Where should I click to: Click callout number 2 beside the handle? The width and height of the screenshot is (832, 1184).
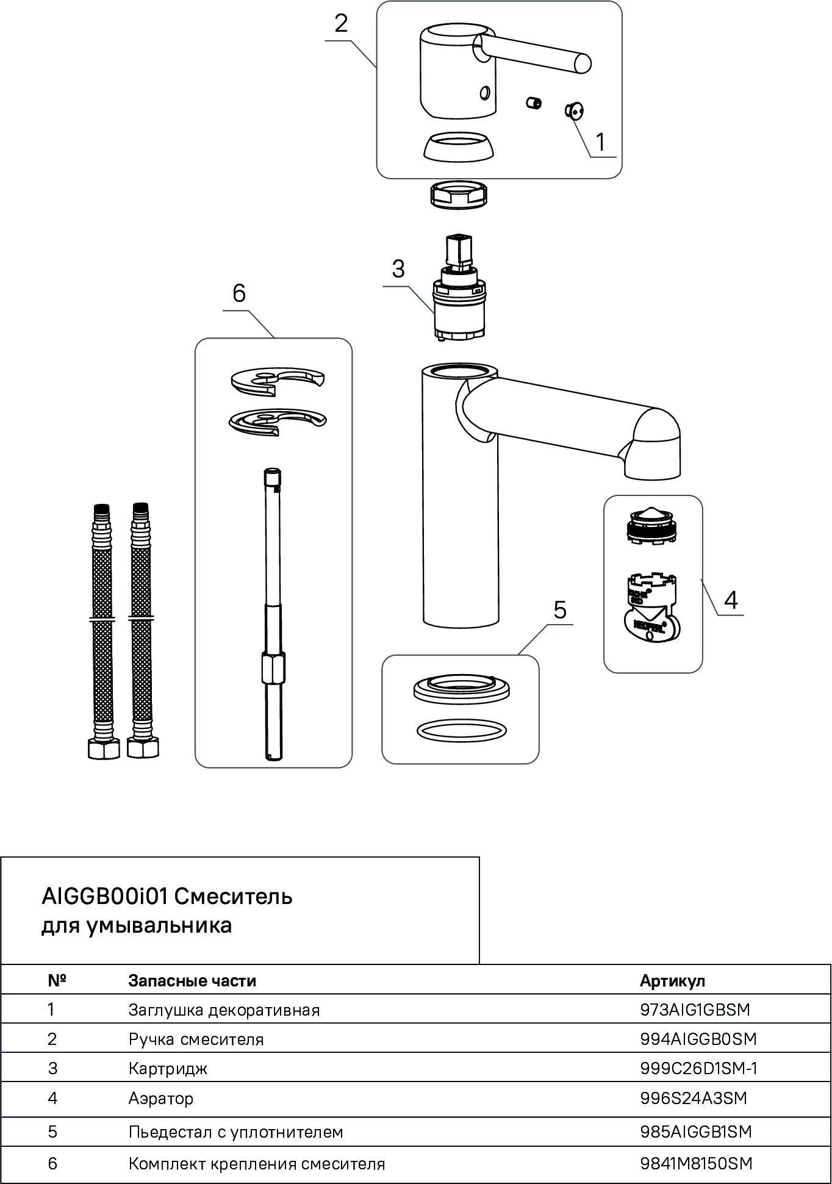(x=341, y=24)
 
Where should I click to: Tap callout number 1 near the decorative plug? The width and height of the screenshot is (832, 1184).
(x=600, y=142)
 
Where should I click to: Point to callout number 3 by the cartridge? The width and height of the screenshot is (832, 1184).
(x=398, y=269)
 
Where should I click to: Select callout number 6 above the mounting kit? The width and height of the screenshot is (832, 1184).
(x=239, y=293)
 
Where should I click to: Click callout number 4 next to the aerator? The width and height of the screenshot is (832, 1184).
(x=731, y=600)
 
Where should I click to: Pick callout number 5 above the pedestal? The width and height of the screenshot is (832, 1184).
(x=560, y=609)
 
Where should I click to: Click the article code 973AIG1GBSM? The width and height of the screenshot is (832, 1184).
(x=695, y=1010)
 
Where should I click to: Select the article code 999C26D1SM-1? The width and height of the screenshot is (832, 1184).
(x=698, y=1068)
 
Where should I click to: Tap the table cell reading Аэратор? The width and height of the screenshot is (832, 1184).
(x=161, y=1098)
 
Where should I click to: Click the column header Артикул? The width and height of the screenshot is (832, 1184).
(x=672, y=980)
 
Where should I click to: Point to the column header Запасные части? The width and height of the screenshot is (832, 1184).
(x=192, y=980)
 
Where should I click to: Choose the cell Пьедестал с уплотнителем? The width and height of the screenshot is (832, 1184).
(x=236, y=1132)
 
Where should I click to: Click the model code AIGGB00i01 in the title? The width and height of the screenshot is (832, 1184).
(x=104, y=897)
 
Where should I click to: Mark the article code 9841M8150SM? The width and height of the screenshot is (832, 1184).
(x=696, y=1163)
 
